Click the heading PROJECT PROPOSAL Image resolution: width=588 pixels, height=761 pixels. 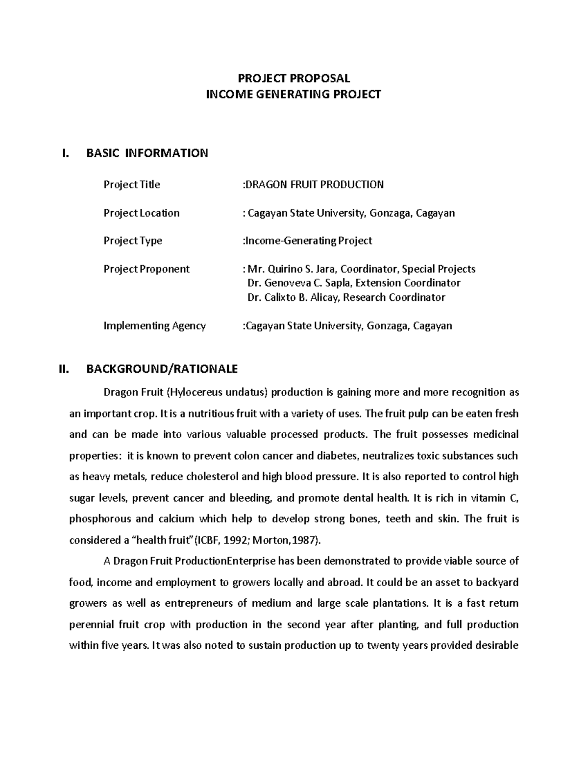pyautogui.click(x=294, y=78)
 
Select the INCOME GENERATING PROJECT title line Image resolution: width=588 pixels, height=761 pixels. pyautogui.click(x=294, y=94)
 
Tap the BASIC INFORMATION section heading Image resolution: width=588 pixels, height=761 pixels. pyautogui.click(x=147, y=153)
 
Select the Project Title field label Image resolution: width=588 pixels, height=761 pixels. pyautogui.click(x=132, y=185)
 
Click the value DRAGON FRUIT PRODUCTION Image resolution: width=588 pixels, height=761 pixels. pyautogui.click(x=315, y=185)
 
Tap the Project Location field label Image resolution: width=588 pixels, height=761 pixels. pyautogui.click(x=141, y=213)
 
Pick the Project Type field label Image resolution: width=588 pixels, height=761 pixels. pyautogui.click(x=133, y=241)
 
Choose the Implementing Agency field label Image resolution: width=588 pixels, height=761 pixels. pyautogui.click(x=154, y=325)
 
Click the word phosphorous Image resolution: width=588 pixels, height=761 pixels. pyautogui.click(x=100, y=519)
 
